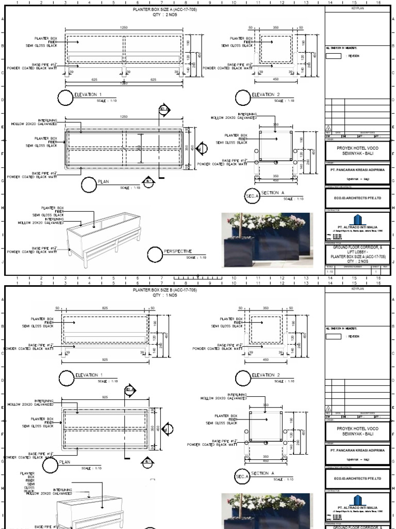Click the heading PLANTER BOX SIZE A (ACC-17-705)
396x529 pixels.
click(x=164, y=10)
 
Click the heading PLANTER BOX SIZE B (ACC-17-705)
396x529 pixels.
click(x=164, y=291)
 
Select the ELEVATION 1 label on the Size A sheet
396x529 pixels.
click(x=88, y=95)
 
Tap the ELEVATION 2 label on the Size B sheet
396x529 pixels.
click(x=265, y=375)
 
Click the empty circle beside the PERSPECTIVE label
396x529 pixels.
click(x=155, y=254)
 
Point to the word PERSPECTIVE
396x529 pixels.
click(x=178, y=251)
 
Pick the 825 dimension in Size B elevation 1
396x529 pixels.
click(x=105, y=307)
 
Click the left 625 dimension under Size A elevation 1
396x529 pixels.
click(x=94, y=80)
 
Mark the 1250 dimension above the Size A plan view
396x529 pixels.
click(x=123, y=117)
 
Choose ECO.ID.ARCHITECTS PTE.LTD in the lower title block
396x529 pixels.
click(x=358, y=477)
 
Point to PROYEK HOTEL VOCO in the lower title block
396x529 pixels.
click(x=358, y=429)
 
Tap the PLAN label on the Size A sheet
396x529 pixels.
click(x=104, y=181)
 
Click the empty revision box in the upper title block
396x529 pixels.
click(x=334, y=56)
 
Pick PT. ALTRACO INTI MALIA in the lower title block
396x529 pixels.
click(x=358, y=508)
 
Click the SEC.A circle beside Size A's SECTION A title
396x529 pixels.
click(x=251, y=196)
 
